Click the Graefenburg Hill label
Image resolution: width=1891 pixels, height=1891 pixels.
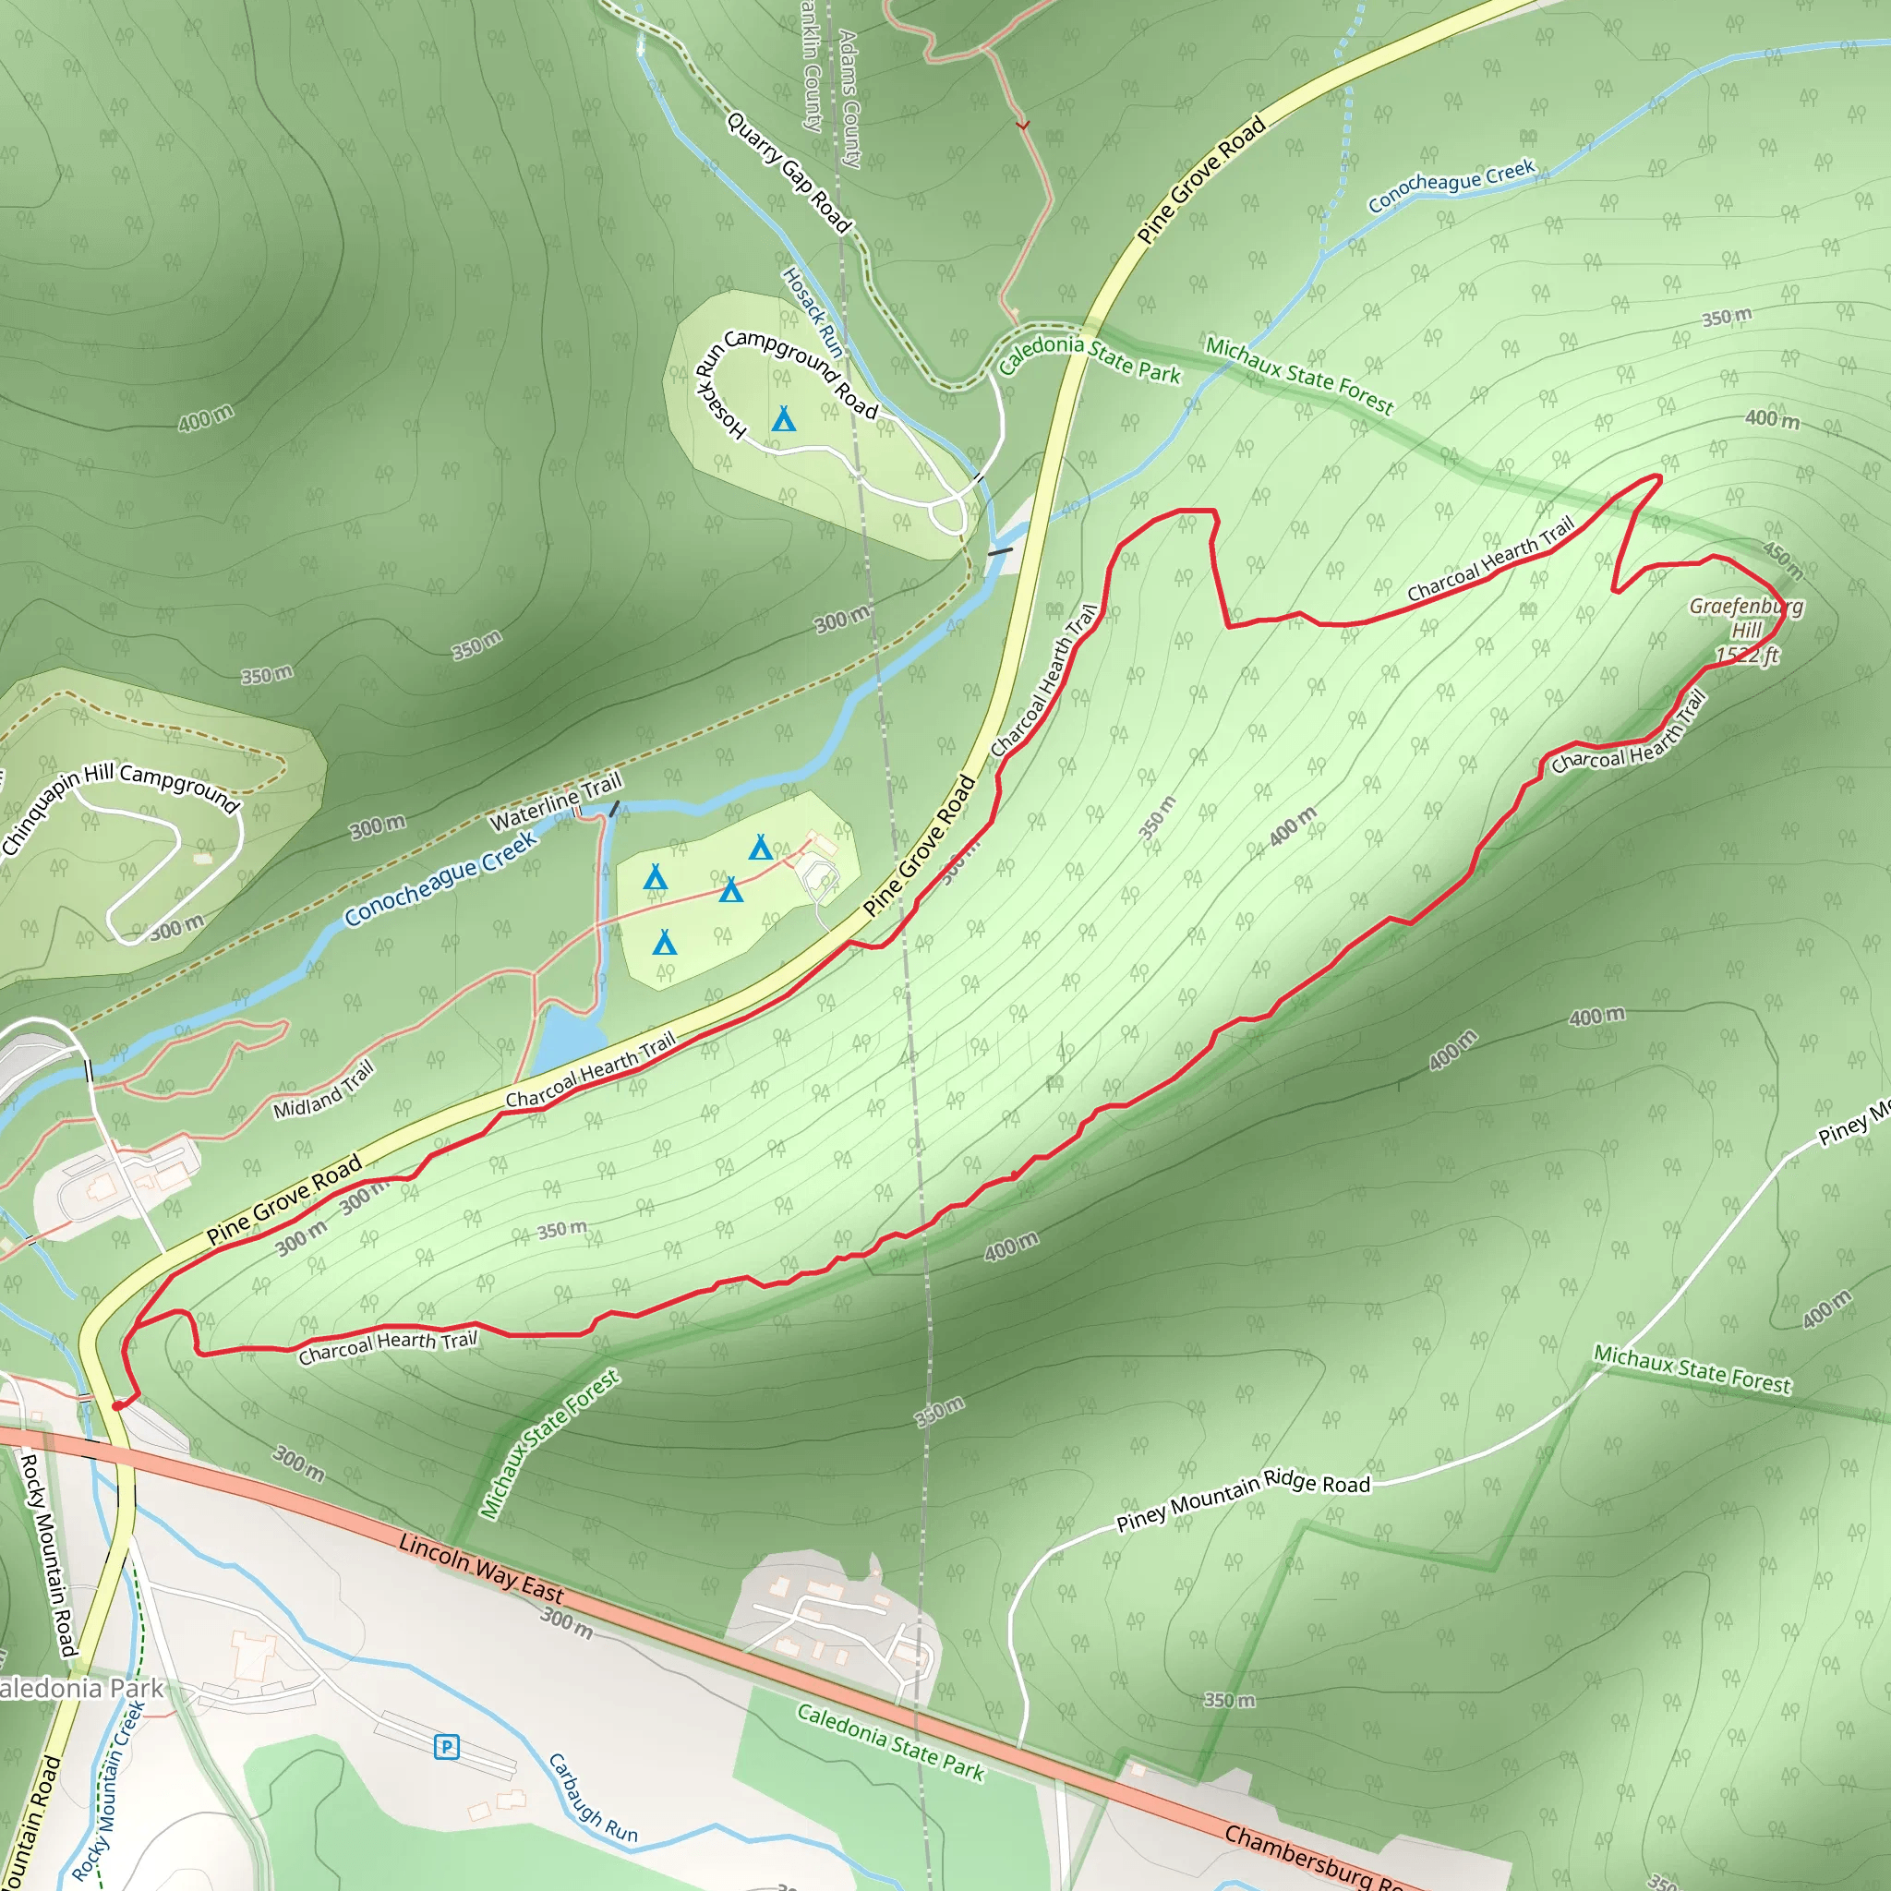click(1746, 631)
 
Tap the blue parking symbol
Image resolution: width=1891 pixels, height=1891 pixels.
click(446, 1746)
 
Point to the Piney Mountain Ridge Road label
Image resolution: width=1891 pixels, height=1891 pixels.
click(1243, 1499)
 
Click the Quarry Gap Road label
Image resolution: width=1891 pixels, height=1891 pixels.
click(789, 173)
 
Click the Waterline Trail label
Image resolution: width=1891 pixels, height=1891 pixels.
click(555, 801)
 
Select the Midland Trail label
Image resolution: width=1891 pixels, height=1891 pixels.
click(323, 1090)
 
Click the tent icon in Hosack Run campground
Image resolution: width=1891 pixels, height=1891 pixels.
click(783, 419)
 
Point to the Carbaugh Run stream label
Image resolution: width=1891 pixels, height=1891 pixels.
click(592, 1798)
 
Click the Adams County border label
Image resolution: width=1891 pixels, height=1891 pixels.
click(849, 98)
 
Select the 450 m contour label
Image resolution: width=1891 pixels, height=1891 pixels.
click(1782, 559)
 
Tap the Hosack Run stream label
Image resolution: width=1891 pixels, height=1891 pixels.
click(813, 311)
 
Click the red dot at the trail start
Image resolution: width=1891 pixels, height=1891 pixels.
click(117, 1405)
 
